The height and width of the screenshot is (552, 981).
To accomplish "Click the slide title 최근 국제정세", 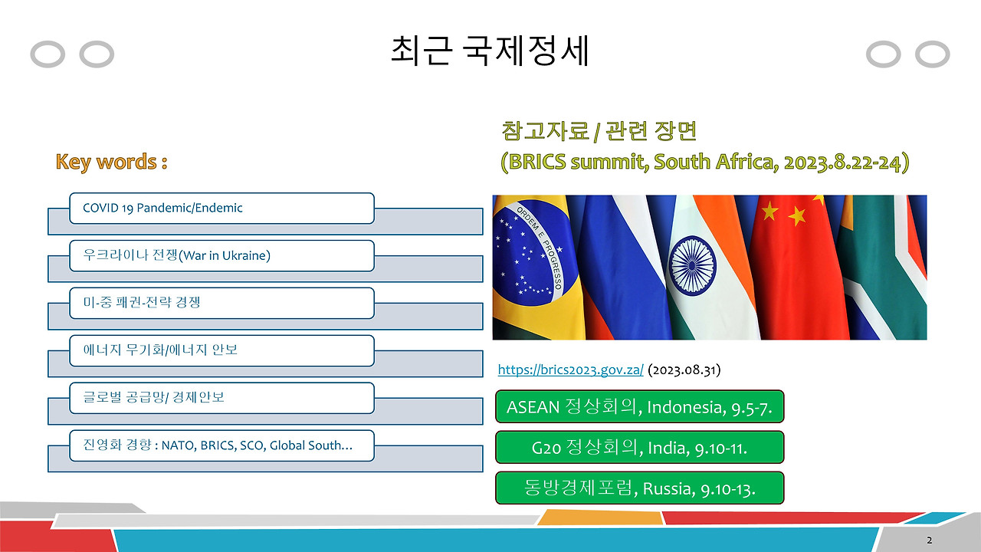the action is click(x=490, y=51).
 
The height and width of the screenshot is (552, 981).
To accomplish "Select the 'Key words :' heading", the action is click(x=112, y=162).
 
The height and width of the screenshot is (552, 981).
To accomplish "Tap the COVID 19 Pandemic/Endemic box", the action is click(x=221, y=208).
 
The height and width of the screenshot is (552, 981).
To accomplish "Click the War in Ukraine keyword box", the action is click(x=221, y=255).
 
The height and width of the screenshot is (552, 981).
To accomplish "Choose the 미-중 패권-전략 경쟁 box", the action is click(x=221, y=303).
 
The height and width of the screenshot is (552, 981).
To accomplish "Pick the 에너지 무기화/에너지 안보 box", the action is click(x=221, y=350).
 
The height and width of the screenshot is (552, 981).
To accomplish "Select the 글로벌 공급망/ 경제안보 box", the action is click(x=221, y=398).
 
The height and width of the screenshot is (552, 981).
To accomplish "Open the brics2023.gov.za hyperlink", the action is click(x=571, y=370).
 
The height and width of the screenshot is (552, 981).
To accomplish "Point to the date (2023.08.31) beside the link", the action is click(x=684, y=370).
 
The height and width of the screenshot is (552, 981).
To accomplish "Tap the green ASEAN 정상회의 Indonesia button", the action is click(x=639, y=406).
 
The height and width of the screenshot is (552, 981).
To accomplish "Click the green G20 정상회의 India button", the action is click(x=639, y=447).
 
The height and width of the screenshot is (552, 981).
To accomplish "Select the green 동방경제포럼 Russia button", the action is click(x=639, y=488).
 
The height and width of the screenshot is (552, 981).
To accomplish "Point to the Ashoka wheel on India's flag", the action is click(x=692, y=264).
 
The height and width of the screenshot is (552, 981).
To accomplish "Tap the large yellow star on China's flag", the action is click(x=769, y=211).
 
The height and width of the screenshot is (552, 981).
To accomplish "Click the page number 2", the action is click(x=930, y=540).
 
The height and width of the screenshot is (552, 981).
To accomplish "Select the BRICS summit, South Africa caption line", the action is click(x=705, y=162).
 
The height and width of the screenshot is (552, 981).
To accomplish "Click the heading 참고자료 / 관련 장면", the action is click(x=599, y=131).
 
